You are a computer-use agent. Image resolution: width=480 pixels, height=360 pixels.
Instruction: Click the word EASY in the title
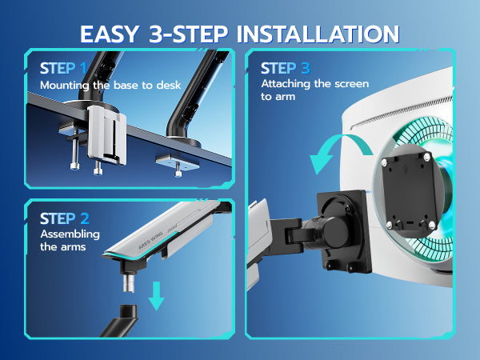[110, 34]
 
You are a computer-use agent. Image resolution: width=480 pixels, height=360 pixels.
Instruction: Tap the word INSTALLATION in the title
[318, 34]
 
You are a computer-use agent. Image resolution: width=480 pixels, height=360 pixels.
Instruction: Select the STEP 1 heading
[64, 69]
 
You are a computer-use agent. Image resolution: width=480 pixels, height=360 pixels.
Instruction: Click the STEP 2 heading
[65, 218]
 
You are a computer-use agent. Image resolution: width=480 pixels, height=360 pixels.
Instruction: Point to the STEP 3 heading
[286, 68]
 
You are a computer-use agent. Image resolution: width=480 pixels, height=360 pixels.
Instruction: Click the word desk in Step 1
[169, 85]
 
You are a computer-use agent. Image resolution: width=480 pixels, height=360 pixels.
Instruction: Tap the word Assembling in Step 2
[70, 234]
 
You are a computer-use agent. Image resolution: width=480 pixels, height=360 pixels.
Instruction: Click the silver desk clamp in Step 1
[106, 135]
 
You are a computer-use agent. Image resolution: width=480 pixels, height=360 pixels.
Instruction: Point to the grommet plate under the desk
[178, 162]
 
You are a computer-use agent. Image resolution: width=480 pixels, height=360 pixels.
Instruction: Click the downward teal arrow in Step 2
[157, 296]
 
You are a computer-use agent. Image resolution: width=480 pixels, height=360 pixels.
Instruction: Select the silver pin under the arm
[129, 283]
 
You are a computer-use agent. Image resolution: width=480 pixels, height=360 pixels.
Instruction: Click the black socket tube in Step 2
[122, 320]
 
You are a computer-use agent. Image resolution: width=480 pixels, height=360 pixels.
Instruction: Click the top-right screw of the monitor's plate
[426, 158]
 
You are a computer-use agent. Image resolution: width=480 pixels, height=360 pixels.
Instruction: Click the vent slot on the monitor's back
[401, 112]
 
